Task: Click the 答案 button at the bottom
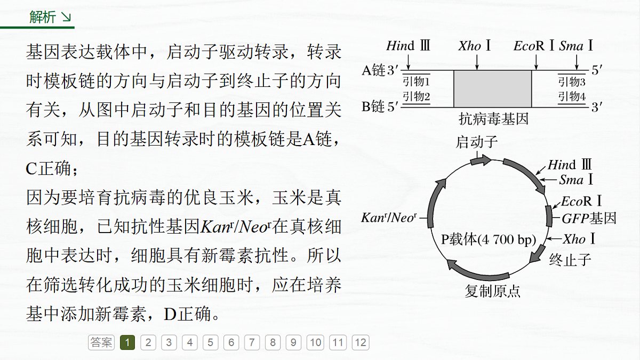coord(101,342)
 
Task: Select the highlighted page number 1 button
coord(127,342)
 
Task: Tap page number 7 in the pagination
coord(252,342)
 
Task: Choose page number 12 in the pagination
coord(361,342)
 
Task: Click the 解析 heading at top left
coord(42,17)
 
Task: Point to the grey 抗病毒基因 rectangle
coord(493,89)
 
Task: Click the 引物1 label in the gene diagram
coord(417,82)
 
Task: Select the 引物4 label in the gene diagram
coord(572,97)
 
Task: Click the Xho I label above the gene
coord(474,46)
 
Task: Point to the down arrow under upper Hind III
coord(409,62)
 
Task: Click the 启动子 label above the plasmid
coord(477,142)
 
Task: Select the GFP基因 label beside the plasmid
coord(589,219)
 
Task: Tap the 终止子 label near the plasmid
coord(570,260)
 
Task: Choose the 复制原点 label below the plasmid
coord(493,291)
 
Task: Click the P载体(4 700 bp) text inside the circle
coord(489,239)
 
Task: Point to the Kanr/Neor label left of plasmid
coord(389,218)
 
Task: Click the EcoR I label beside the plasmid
coord(581,201)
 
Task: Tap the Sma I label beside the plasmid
coord(575,180)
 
